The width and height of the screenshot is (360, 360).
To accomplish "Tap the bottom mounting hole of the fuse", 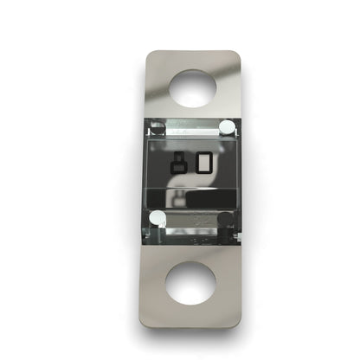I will (x=190, y=283).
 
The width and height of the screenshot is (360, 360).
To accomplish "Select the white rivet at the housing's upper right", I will (x=226, y=128).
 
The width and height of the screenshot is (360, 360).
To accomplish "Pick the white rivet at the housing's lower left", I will (x=157, y=219).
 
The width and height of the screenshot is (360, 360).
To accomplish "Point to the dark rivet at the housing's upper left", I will (x=156, y=129).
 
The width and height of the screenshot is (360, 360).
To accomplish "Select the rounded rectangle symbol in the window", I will (x=205, y=163).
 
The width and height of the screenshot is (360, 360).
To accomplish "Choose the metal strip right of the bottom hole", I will (x=226, y=283).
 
